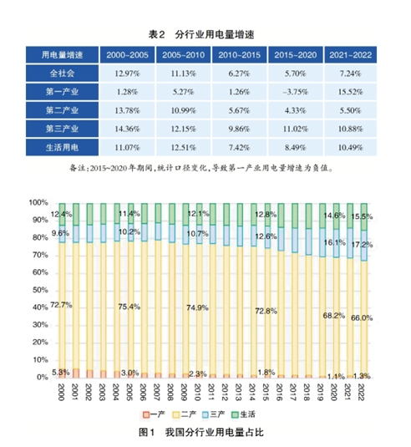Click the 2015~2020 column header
[294, 54]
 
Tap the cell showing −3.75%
[294, 91]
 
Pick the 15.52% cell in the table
[349, 91]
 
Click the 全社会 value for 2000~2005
[126, 73]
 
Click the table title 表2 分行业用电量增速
[203, 32]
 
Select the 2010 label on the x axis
[194, 393]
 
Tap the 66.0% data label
[361, 318]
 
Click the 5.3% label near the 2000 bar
[61, 372]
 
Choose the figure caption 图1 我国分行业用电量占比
[205, 432]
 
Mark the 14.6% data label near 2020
[333, 216]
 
